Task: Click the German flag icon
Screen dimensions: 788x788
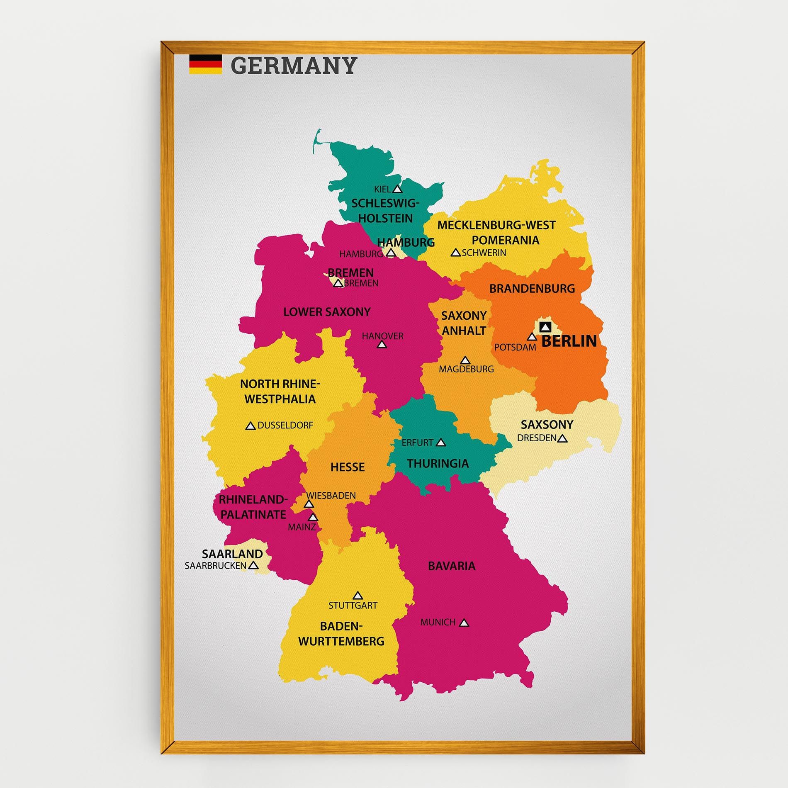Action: click(x=205, y=64)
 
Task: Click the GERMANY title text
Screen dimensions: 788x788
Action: click(x=293, y=65)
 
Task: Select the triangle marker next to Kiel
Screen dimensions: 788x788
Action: click(x=397, y=189)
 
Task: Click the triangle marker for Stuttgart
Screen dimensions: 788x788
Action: click(x=357, y=596)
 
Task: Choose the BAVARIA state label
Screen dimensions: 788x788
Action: click(x=451, y=566)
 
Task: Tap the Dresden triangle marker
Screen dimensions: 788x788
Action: click(x=562, y=438)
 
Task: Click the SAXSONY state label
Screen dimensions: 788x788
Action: click(x=547, y=424)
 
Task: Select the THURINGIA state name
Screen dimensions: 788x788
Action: click(x=438, y=463)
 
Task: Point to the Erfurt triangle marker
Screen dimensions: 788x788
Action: click(x=441, y=443)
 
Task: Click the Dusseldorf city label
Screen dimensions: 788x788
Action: click(x=285, y=425)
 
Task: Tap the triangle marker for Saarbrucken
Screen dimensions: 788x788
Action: click(x=253, y=565)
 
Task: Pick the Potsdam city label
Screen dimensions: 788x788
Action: click(x=515, y=347)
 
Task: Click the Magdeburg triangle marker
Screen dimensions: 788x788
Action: click(x=465, y=360)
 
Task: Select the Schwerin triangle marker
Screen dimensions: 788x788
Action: click(x=455, y=253)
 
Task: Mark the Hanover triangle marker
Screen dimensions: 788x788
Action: click(x=382, y=344)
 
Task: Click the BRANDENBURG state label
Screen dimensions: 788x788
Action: click(x=532, y=288)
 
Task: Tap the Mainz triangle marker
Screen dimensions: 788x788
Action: click(x=313, y=517)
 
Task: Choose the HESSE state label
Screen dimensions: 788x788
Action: click(x=347, y=467)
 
